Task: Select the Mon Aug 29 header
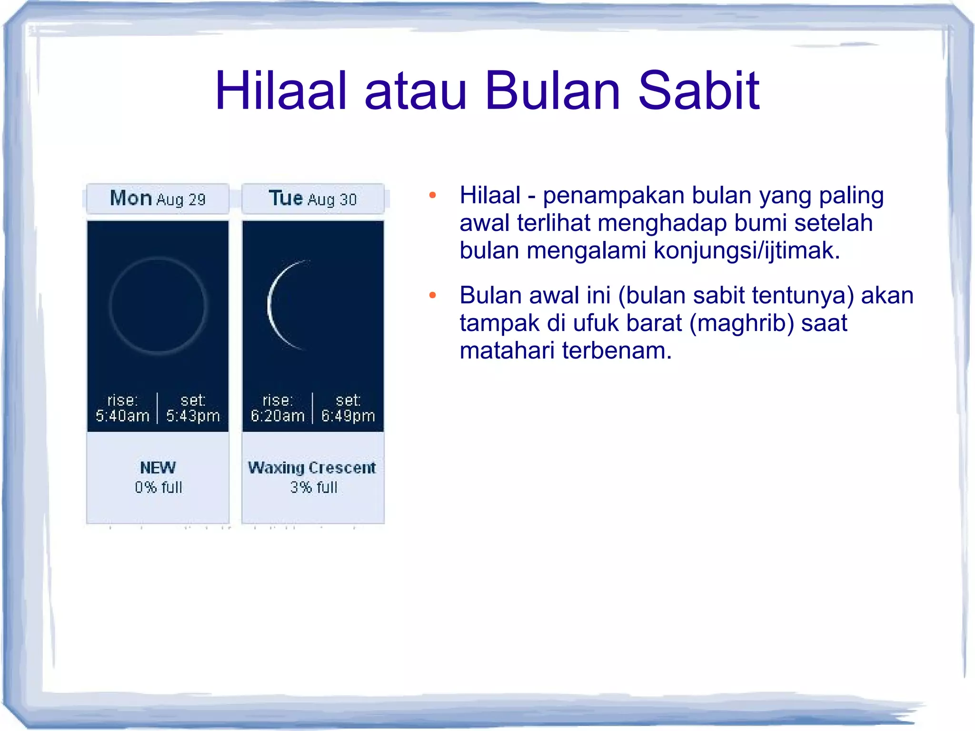(158, 199)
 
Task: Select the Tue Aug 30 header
(313, 199)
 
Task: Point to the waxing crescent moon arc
(270, 305)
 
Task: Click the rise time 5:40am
(122, 416)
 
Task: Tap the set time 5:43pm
(193, 416)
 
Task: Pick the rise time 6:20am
(278, 416)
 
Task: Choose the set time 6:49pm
(348, 416)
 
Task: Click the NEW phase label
(158, 468)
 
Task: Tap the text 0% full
(159, 487)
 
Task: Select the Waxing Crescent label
(312, 468)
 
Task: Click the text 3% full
(314, 487)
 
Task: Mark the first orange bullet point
(432, 195)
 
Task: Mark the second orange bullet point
(432, 295)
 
